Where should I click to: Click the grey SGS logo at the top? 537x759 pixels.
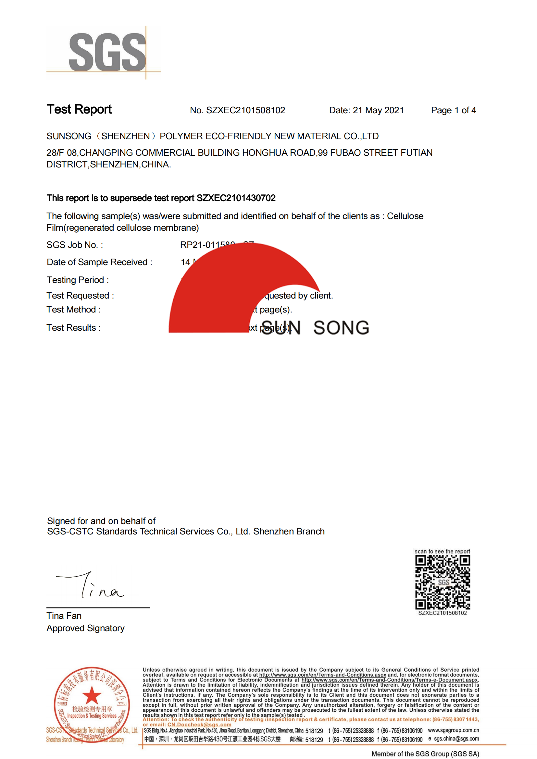(107, 52)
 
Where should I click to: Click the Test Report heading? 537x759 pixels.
(79, 109)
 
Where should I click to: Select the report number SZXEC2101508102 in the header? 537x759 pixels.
(245, 110)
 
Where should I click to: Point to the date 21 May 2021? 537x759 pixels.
(378, 110)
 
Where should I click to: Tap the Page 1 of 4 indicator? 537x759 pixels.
(453, 110)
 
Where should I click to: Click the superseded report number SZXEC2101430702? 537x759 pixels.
(236, 198)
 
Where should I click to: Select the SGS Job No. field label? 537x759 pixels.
(75, 245)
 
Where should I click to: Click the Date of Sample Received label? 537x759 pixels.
(100, 262)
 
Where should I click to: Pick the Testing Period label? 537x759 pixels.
(78, 280)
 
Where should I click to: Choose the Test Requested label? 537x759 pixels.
(80, 296)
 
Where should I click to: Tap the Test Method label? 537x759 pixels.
(74, 310)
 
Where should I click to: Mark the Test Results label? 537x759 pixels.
(74, 328)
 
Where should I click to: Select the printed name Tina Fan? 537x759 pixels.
(64, 616)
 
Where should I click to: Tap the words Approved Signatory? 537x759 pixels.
(86, 628)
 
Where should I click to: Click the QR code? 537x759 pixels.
(443, 582)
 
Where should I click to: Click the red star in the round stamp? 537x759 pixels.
(92, 695)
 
